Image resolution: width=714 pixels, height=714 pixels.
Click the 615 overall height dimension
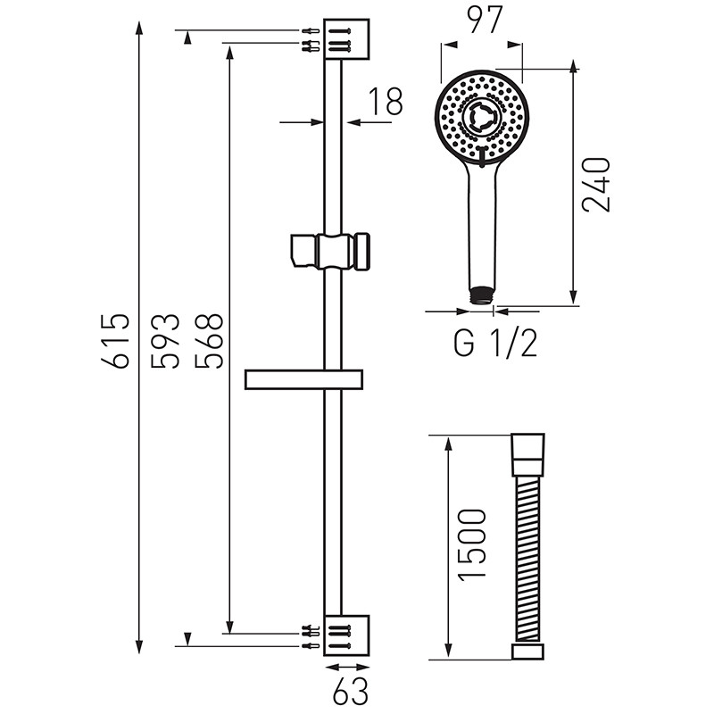click(118, 340)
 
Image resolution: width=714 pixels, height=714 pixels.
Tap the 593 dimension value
click(166, 340)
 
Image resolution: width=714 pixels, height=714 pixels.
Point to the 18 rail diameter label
click(385, 102)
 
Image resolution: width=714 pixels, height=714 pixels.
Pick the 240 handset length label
click(595, 184)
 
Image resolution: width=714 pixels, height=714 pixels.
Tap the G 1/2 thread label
click(495, 343)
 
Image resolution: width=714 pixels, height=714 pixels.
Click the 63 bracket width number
click(349, 689)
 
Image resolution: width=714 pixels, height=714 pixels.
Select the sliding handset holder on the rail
click(330, 249)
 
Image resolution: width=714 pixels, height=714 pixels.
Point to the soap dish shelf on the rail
click(304, 379)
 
